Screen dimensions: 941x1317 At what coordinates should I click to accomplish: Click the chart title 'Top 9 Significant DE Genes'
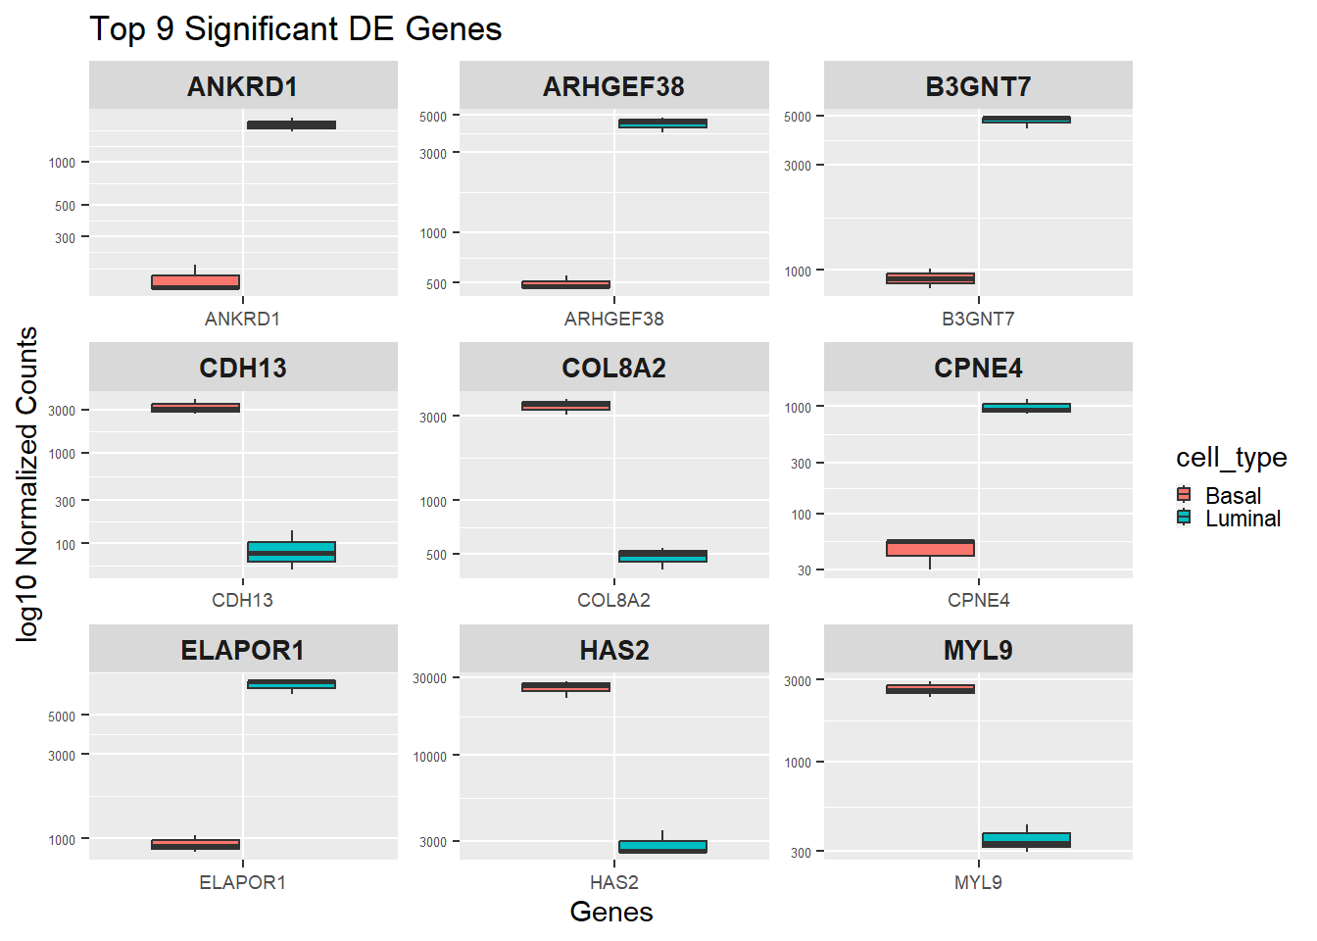295,29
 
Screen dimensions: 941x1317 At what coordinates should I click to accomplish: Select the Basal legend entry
1232,496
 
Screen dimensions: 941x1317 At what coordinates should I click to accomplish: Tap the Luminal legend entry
1242,519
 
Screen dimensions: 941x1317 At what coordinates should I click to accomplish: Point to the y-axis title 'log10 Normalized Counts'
27,484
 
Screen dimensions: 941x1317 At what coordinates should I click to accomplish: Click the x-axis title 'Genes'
610,912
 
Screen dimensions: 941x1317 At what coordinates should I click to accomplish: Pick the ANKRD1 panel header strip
243,86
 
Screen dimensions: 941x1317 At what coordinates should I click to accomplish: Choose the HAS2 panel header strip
614,650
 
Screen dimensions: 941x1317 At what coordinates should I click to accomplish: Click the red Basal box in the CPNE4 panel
930,548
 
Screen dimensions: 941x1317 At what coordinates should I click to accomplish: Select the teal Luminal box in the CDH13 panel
291,552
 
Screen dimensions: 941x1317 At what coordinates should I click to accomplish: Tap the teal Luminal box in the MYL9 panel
1026,840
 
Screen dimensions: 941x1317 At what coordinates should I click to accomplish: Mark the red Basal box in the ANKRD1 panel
195,282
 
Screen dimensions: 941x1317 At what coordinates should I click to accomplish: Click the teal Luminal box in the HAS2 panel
662,847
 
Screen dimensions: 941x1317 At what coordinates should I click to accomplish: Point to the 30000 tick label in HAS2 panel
429,678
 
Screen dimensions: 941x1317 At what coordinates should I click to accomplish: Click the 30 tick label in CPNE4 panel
804,570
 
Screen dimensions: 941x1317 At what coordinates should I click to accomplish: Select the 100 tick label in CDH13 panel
65,545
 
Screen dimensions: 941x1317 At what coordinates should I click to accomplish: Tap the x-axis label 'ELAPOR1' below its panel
242,882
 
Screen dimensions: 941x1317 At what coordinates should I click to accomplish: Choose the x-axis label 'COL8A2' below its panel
613,600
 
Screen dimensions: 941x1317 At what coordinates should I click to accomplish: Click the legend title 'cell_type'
1231,458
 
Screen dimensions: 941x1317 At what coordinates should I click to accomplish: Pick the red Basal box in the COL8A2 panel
565,405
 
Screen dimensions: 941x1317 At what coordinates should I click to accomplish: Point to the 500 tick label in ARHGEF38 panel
436,284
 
